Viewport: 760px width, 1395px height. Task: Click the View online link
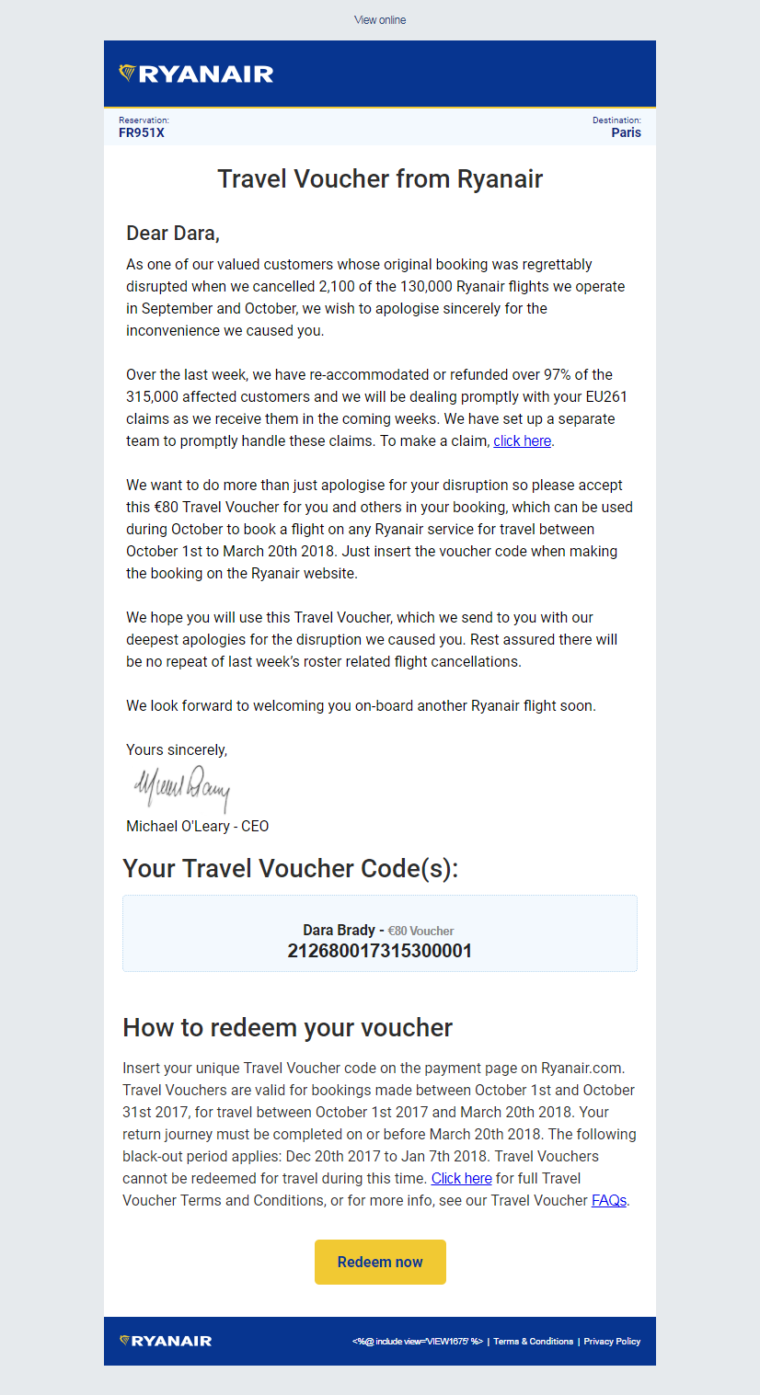point(380,20)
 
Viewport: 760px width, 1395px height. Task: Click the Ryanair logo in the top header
point(196,74)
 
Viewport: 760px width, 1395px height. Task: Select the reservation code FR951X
point(142,132)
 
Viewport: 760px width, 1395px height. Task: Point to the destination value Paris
point(626,132)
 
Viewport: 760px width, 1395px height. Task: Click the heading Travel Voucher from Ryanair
point(380,178)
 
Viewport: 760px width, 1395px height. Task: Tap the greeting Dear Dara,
point(173,234)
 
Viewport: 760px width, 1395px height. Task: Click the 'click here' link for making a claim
point(522,441)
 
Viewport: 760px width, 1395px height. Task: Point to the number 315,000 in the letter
point(156,397)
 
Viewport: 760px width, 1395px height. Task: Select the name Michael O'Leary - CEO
point(197,826)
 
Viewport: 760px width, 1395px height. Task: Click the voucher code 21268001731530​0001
point(380,951)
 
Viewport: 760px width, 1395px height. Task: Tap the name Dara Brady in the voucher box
point(339,930)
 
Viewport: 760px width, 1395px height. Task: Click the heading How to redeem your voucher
point(287,1027)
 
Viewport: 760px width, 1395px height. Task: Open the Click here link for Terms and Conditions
point(461,1179)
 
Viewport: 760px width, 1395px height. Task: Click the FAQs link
point(609,1201)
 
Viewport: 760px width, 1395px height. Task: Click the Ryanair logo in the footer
point(166,1341)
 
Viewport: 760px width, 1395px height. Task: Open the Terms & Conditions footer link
point(533,1342)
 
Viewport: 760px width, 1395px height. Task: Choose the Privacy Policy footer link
point(612,1342)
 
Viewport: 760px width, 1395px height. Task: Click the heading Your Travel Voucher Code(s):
point(290,869)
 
